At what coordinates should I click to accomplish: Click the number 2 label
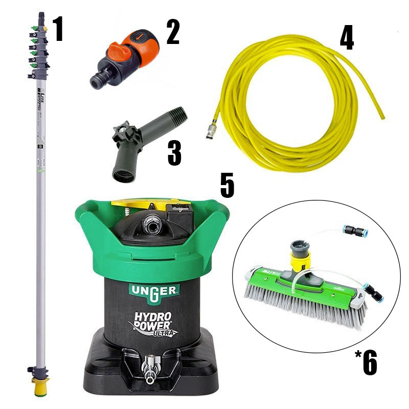[172, 31]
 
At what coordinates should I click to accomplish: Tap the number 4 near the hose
[347, 37]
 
